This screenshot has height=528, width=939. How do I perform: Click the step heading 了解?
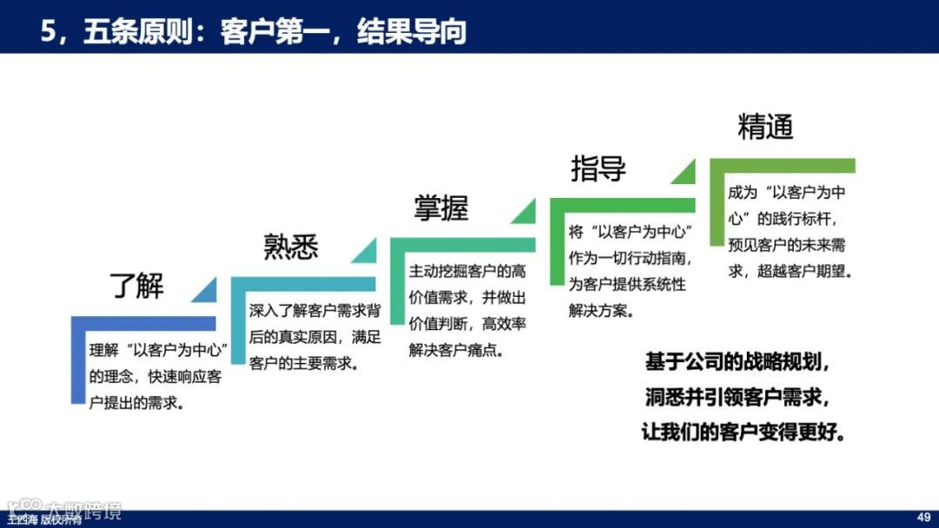(137, 285)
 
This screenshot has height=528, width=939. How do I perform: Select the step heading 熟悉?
(291, 247)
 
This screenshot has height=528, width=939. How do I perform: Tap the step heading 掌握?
(441, 208)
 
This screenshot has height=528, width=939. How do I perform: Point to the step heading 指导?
(598, 168)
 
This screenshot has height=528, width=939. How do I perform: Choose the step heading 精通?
(765, 128)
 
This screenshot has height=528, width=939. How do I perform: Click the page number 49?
(923, 517)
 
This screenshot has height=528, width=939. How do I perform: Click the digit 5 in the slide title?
(48, 31)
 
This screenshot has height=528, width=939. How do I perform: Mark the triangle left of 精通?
(689, 172)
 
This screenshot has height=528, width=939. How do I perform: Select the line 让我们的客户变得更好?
(744, 432)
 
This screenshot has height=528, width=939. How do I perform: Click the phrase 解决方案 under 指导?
(600, 311)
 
